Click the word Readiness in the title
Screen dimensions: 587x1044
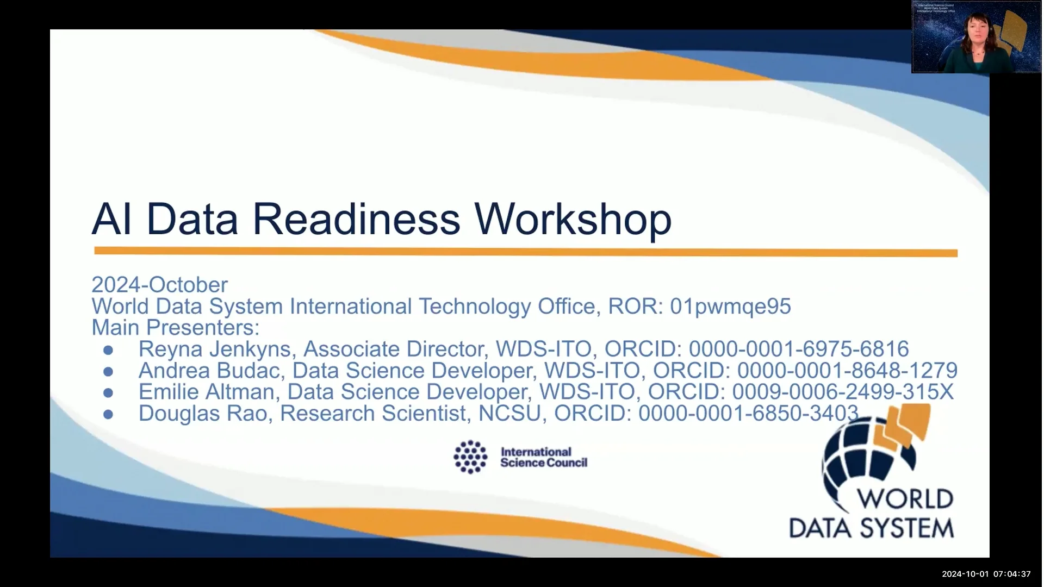tap(356, 219)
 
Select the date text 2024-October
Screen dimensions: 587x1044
tap(159, 285)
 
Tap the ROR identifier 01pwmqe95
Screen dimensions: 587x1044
tap(730, 307)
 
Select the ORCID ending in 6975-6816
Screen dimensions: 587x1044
tap(798, 349)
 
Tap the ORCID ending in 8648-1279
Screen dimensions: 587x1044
tap(847, 371)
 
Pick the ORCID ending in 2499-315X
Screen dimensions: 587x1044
tap(842, 392)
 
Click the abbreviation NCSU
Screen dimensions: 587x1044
tap(509, 414)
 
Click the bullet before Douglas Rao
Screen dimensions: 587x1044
tap(108, 415)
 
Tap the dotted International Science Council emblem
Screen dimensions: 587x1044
tap(470, 457)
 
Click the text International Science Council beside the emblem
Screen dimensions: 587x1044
tap(543, 458)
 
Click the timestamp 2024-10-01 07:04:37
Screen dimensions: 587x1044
tap(986, 574)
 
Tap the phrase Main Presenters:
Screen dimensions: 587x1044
tap(175, 328)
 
